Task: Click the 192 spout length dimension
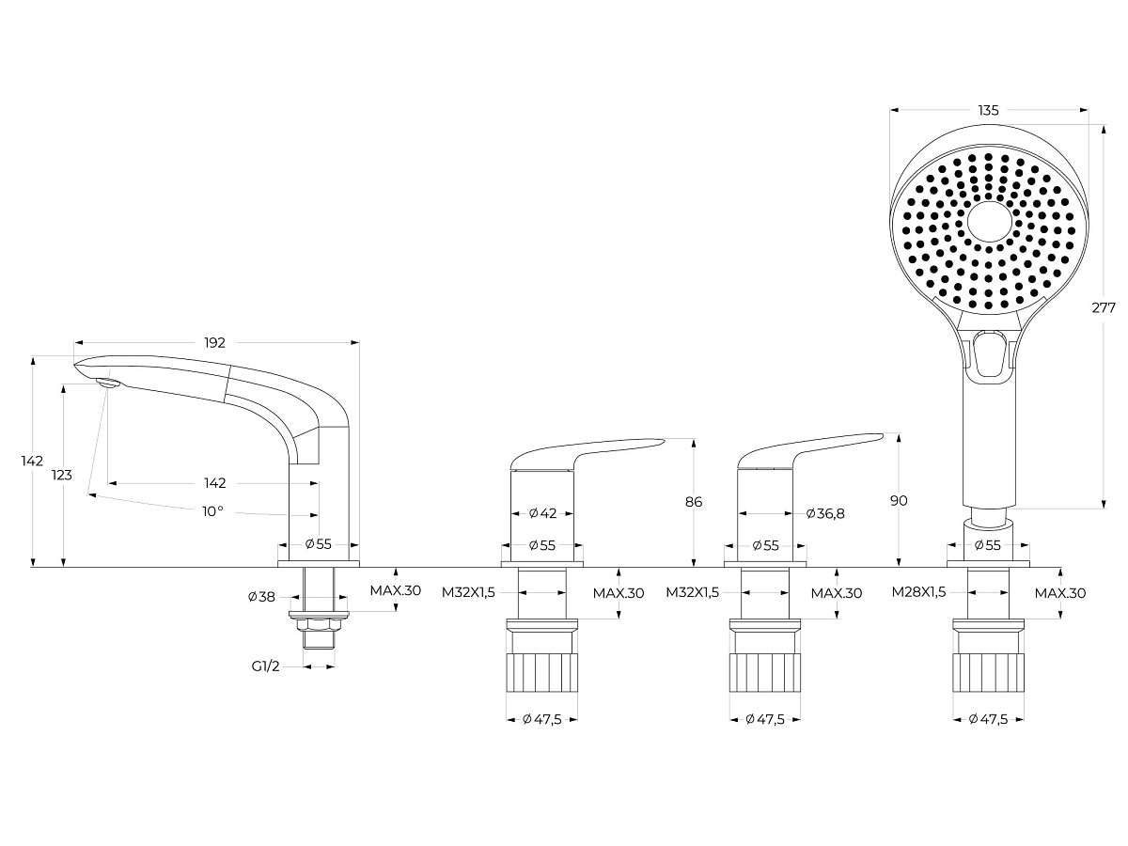[214, 342]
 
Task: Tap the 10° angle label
[212, 511]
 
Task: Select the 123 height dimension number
[62, 475]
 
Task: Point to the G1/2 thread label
[265, 666]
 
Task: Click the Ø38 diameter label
[261, 597]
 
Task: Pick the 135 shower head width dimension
[988, 110]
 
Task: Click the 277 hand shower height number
[1104, 307]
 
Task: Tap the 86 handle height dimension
[694, 502]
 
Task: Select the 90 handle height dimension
[899, 500]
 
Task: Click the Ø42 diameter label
[542, 513]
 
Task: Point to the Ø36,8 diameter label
[825, 513]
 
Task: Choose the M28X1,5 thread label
[918, 592]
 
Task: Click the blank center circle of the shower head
[989, 223]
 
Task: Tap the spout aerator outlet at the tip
[108, 383]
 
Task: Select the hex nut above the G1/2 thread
[319, 624]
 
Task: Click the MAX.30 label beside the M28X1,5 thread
[1060, 593]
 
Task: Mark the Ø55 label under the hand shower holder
[988, 545]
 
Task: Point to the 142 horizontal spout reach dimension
[215, 483]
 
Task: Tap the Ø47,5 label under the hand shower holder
[988, 719]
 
